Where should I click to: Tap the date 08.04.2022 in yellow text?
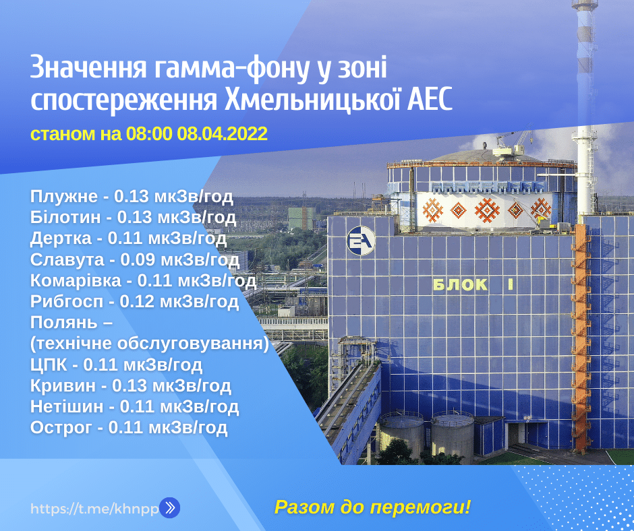pos(222,133)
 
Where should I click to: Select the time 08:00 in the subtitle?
pos(149,133)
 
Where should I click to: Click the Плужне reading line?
pos(132,197)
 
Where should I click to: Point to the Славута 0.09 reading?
pos(135,260)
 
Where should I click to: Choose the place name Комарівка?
pos(76,280)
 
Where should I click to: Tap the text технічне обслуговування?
pos(150,344)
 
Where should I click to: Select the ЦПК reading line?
pos(116,365)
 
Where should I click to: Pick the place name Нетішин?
pos(67,406)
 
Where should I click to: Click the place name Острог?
pos(61,428)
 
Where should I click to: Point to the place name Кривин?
pos(63,385)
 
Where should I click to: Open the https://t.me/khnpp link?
pos(94,509)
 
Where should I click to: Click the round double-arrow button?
pos(170,508)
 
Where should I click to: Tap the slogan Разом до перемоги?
pos(373,507)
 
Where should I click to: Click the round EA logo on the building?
pos(361,241)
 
